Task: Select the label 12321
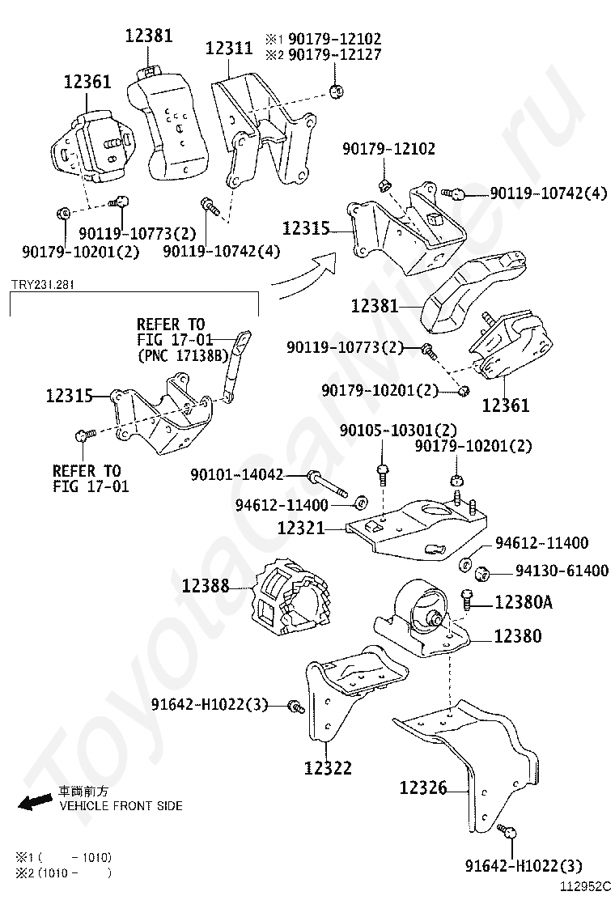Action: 301,528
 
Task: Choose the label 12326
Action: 423,787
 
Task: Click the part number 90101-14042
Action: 237,475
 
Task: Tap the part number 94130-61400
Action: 562,571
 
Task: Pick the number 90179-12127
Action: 334,55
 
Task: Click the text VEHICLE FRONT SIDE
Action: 121,806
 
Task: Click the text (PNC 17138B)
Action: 183,354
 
